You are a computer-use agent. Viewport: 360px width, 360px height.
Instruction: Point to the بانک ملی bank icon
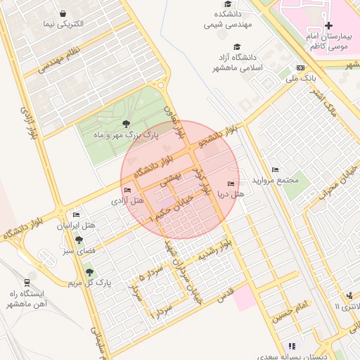pyautogui.click(x=301, y=68)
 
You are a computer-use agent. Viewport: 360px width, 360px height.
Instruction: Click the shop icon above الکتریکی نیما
pyautogui.click(x=63, y=13)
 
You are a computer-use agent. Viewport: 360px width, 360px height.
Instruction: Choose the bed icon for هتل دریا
pyautogui.click(x=231, y=184)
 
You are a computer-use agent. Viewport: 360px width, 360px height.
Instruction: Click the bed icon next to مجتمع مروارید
pyautogui.click(x=275, y=169)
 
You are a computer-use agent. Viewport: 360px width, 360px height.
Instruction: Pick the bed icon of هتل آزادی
pyautogui.click(x=127, y=191)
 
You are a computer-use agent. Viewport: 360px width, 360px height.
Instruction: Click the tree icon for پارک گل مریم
pyautogui.click(x=89, y=271)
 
